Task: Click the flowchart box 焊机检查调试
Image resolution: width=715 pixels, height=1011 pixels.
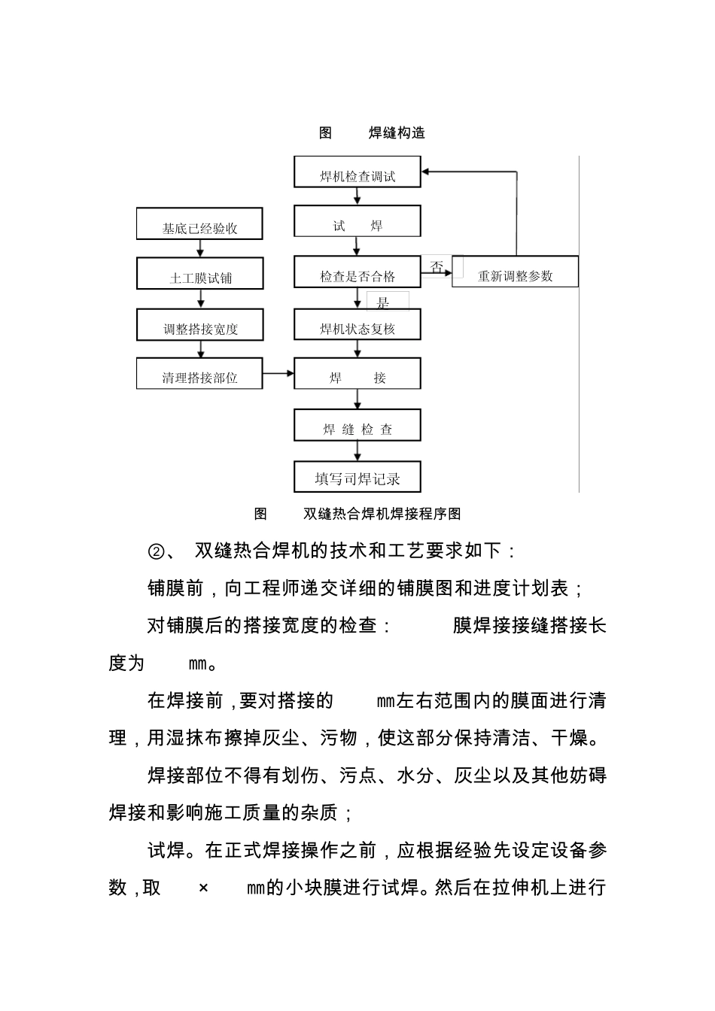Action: pos(357,172)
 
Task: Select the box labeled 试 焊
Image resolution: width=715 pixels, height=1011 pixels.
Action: pos(357,222)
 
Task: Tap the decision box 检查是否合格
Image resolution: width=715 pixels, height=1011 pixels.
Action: pos(357,272)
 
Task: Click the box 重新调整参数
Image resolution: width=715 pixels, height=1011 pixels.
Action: pos(515,272)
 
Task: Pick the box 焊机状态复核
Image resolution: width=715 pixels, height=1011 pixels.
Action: pos(357,325)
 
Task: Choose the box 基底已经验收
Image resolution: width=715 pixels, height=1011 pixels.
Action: pos(199,224)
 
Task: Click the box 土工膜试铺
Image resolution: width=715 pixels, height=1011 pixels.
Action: pos(199,274)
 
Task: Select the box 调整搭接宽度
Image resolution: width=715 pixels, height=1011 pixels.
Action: pos(199,325)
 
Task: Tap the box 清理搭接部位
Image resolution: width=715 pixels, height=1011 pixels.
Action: pos(199,374)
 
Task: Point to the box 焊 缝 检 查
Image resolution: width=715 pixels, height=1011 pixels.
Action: pos(357,426)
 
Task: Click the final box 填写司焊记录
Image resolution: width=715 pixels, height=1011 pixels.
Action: pos(357,476)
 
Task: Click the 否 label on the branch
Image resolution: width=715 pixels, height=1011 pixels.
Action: pos(437,266)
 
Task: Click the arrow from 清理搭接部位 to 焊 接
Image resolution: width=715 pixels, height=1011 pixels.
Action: pos(278,374)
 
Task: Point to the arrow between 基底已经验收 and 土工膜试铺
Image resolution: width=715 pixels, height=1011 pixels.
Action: pos(200,249)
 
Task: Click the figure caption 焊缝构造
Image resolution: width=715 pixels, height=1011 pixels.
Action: pos(397,133)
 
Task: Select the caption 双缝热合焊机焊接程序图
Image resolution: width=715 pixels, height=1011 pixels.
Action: pos(382,514)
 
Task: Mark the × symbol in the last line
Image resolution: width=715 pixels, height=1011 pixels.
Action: pos(203,888)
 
